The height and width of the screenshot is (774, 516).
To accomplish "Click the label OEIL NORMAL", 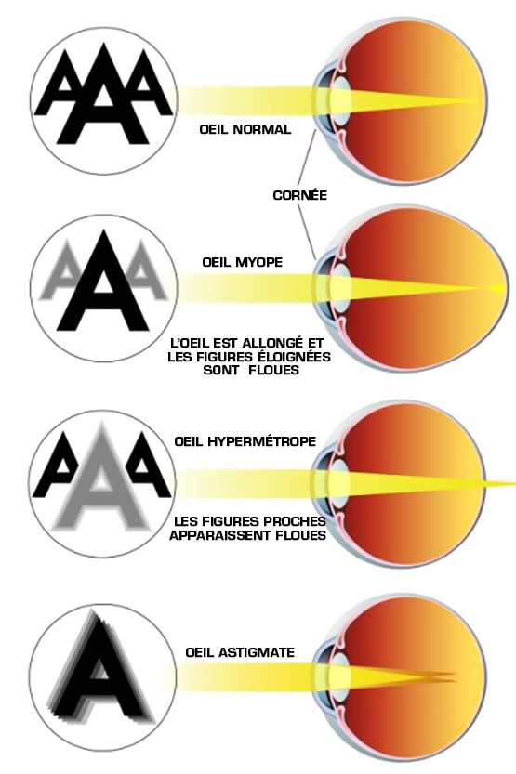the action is [245, 130].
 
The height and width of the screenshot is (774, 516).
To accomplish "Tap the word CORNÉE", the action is [299, 195].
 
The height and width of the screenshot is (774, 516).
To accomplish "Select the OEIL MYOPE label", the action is [243, 262].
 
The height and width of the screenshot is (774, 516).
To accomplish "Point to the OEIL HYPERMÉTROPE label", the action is [245, 440].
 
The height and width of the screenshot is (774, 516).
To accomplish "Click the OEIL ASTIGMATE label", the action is [241, 652].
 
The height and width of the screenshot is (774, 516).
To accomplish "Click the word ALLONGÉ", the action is [272, 342].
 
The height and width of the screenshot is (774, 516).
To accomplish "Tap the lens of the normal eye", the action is [340, 99].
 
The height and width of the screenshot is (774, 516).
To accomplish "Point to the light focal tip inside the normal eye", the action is [477, 101].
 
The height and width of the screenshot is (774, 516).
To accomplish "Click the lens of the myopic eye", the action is [340, 286].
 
